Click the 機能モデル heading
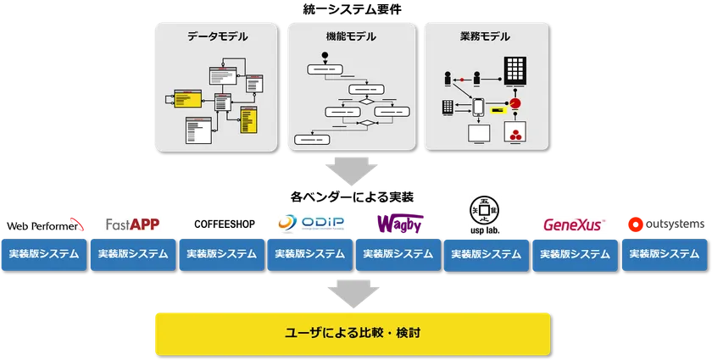[x=351, y=37]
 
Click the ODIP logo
[x=311, y=223]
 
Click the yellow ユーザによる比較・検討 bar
[x=351, y=333]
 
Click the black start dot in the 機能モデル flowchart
[x=324, y=58]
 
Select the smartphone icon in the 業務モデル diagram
[x=477, y=108]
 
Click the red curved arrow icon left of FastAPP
[x=79, y=225]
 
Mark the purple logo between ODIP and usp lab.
[x=399, y=222]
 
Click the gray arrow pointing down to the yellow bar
[x=350, y=291]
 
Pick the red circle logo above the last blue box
[x=631, y=224]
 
